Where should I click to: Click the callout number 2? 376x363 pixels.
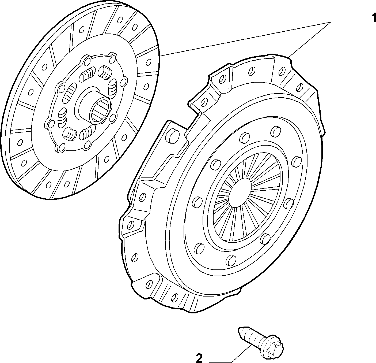point(199,358)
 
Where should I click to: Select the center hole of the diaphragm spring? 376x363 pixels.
point(240,192)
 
